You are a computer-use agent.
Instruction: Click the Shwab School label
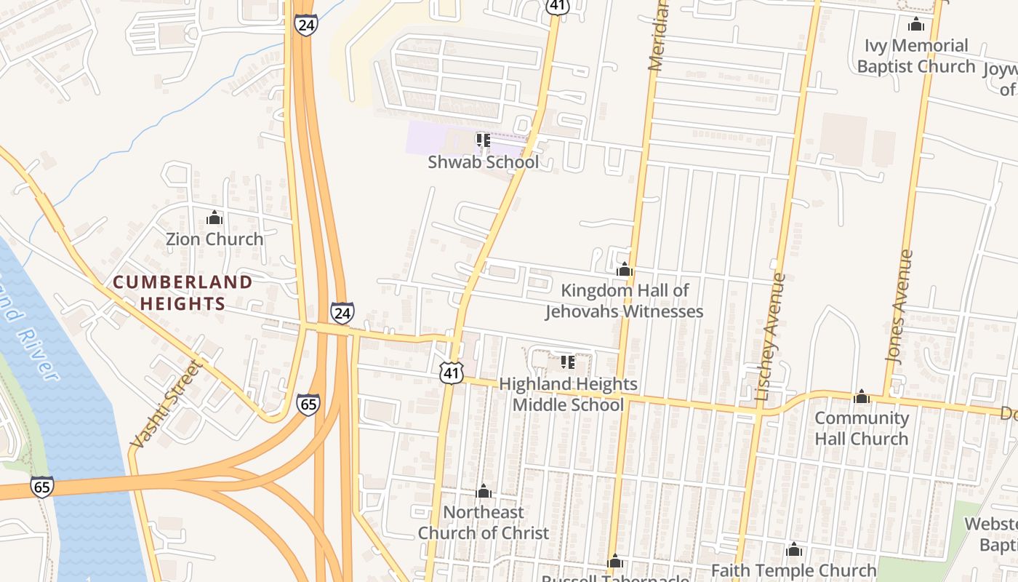coord(483,162)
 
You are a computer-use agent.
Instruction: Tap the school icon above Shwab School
coord(483,139)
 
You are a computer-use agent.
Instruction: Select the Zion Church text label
coord(215,239)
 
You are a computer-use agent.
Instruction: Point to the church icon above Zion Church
coord(214,218)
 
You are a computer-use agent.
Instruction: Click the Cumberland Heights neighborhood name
coord(183,292)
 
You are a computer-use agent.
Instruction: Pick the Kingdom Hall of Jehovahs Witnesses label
coord(625,301)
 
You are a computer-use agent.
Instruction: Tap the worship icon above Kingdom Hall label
coord(624,270)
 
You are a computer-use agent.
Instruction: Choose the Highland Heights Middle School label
coord(568,394)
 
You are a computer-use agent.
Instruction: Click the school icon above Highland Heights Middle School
coord(568,362)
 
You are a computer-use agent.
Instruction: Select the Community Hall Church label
coord(862,428)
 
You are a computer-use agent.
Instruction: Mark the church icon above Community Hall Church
coord(862,396)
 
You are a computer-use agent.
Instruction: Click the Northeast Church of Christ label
coord(484,522)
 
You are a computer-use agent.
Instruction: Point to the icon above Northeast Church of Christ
coord(484,492)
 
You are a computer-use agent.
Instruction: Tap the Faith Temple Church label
coord(793,570)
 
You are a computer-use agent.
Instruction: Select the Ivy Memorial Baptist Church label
coord(915,56)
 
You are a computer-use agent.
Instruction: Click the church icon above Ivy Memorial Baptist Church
coord(916,25)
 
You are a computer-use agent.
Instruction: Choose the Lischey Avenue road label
coord(771,337)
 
